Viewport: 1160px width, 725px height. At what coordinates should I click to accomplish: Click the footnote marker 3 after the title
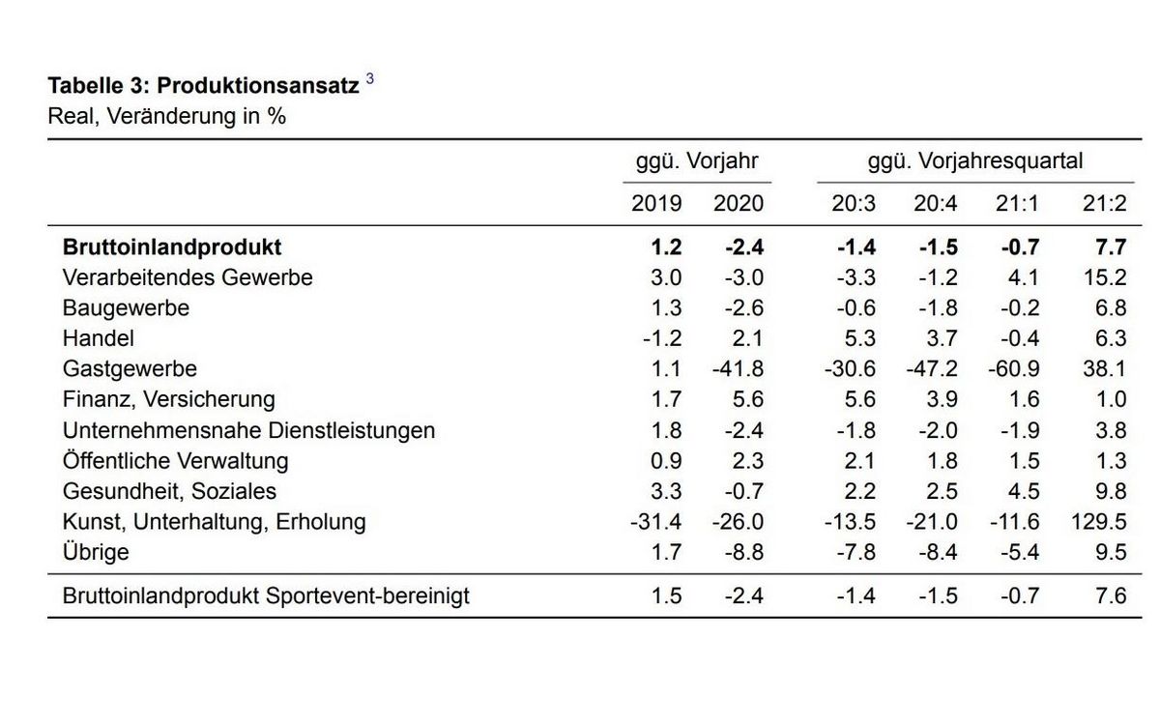pos(369,80)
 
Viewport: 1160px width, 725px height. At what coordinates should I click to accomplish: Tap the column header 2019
pos(656,203)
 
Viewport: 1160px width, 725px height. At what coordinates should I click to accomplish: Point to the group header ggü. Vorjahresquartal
pos(975,160)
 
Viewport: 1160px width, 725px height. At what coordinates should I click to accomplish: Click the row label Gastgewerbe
pos(130,368)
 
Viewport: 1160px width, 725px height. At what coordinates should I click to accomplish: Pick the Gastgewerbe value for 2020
pos(739,368)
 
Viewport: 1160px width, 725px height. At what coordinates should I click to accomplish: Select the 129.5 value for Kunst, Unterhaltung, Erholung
pos(1099,522)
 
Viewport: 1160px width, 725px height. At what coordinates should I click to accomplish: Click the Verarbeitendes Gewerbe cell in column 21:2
pos(1105,277)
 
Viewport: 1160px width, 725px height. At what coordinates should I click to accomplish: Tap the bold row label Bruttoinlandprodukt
pos(172,247)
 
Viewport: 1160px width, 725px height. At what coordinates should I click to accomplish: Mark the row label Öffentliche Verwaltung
pos(175,461)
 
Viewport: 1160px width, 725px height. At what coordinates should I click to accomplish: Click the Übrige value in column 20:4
pos(937,553)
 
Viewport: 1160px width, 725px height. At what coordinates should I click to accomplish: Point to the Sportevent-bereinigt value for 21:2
pos(1110,595)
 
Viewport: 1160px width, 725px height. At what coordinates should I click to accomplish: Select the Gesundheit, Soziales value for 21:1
pos(1022,491)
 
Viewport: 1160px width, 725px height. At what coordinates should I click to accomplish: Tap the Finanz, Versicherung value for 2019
pos(666,399)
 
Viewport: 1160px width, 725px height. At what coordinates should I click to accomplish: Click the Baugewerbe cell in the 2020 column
pos(743,308)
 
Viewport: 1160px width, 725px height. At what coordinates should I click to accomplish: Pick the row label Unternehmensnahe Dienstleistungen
pos(248,430)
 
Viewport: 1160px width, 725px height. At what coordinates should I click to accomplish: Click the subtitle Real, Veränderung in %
pos(166,117)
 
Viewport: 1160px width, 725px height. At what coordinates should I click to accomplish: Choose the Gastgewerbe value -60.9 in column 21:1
pos(1014,368)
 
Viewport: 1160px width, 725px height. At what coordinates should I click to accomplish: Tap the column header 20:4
pos(937,203)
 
